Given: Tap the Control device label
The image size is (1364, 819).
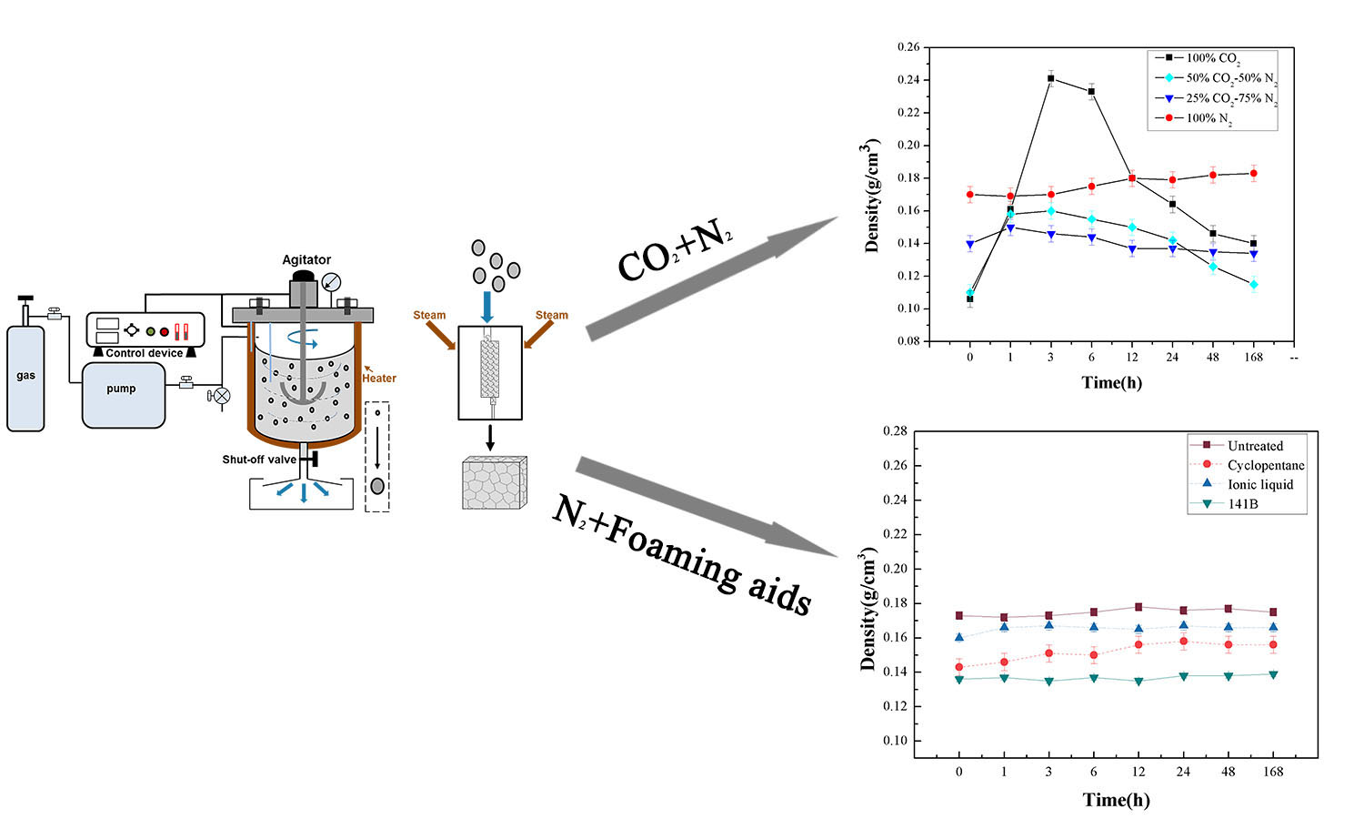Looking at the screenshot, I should click(x=144, y=353).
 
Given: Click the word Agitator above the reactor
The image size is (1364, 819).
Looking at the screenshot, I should click(x=306, y=259).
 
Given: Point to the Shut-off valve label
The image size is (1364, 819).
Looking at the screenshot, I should click(x=259, y=460).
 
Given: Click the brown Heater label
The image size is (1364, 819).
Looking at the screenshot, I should click(x=379, y=379).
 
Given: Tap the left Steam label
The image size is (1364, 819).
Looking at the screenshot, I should click(x=429, y=316).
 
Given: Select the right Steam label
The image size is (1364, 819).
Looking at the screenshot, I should click(x=551, y=316).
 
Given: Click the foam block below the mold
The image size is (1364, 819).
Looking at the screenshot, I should click(x=494, y=483).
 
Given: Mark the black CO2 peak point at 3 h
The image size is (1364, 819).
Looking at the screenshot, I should click(x=1050, y=78).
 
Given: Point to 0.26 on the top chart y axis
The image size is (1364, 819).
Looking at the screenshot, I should click(x=908, y=47).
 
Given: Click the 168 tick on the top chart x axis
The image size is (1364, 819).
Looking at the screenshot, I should click(x=1253, y=358).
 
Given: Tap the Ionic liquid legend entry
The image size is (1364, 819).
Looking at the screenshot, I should click(x=1259, y=484).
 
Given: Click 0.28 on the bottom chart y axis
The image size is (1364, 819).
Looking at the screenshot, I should click(x=896, y=430).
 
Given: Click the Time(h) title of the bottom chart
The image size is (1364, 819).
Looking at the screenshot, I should click(x=1116, y=800).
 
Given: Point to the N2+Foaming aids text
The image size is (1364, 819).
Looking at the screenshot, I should click(x=681, y=557).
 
